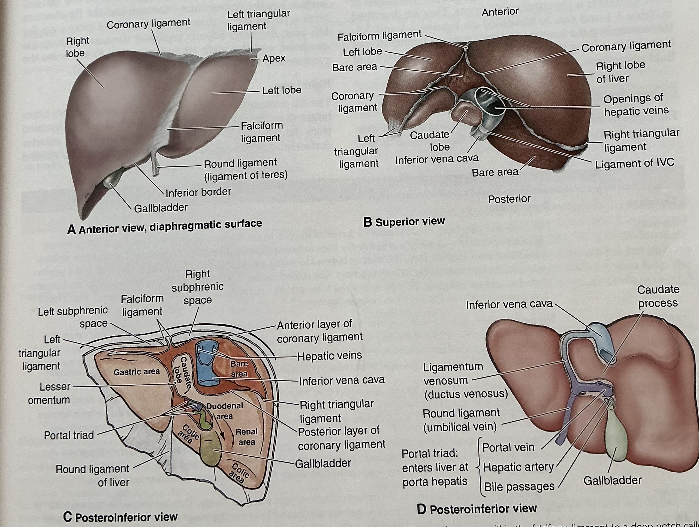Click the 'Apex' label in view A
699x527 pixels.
coord(274,58)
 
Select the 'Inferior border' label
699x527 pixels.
coord(198,192)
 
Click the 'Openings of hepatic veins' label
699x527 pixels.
coord(636,105)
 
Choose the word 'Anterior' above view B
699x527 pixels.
coord(500,12)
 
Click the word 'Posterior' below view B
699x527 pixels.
coord(509,199)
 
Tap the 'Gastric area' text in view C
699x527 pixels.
coord(137,372)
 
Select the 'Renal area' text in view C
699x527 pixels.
coord(246,437)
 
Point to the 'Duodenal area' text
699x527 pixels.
coord(224,411)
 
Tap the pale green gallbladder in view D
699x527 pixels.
coord(615,439)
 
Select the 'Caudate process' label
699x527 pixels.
coord(657,296)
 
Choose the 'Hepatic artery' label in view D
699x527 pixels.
coord(518,467)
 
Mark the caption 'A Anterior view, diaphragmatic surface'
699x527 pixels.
coord(164,226)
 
